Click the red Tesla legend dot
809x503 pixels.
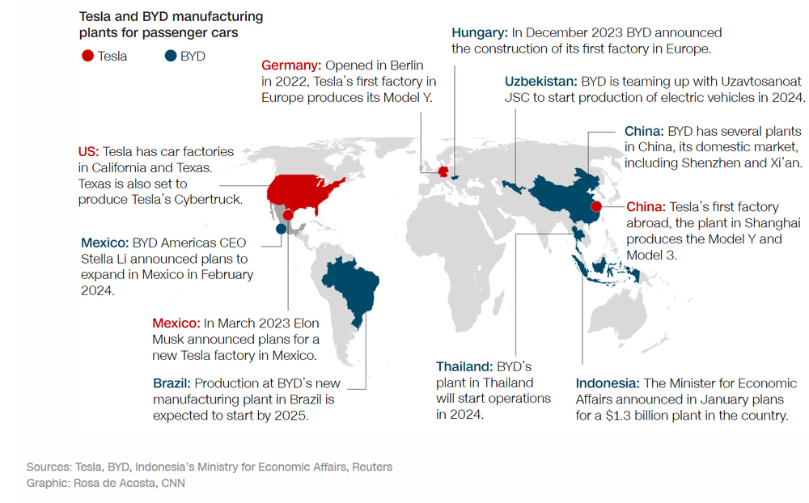pyautogui.click(x=87, y=57)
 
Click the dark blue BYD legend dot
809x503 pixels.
pyautogui.click(x=170, y=57)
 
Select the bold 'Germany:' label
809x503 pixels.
pyautogui.click(x=291, y=65)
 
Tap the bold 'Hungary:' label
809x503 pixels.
pyautogui.click(x=480, y=32)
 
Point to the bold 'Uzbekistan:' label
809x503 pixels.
pyautogui.click(x=540, y=82)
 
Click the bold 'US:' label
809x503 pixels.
pyautogui.click(x=88, y=151)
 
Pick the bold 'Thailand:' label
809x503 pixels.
pyautogui.click(x=464, y=366)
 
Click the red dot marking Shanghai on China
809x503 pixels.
pyautogui.click(x=596, y=205)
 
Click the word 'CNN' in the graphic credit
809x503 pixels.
pyautogui.click(x=173, y=483)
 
